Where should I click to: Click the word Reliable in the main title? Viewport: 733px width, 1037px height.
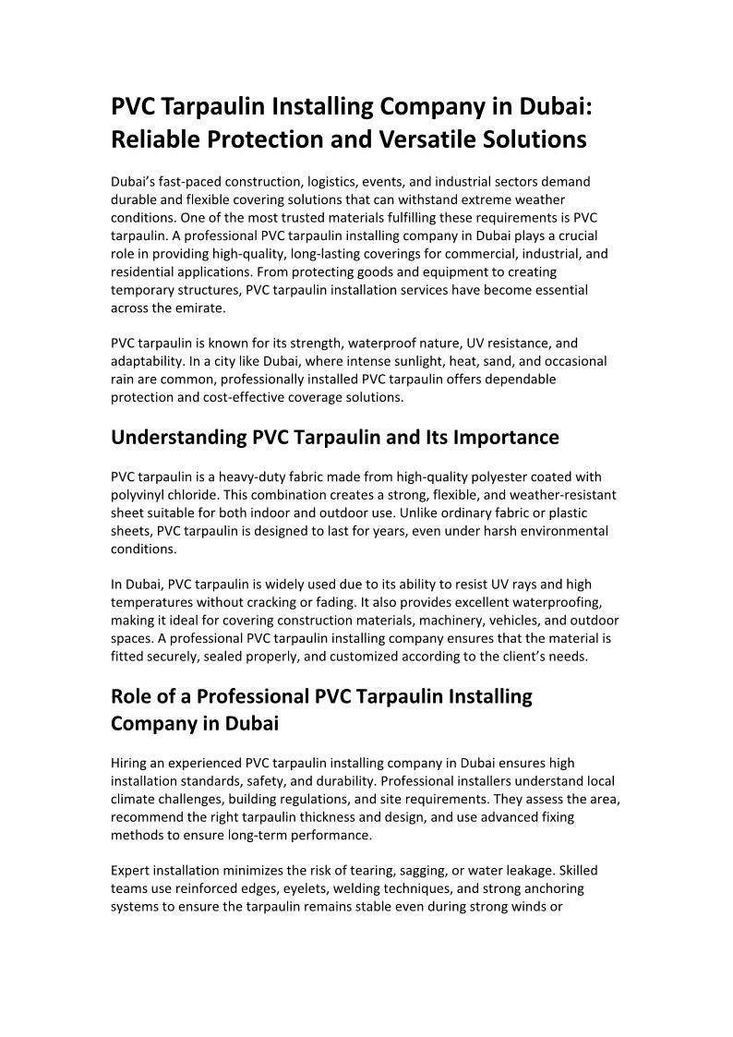point(157,139)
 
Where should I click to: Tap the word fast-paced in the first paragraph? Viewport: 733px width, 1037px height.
point(186,182)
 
